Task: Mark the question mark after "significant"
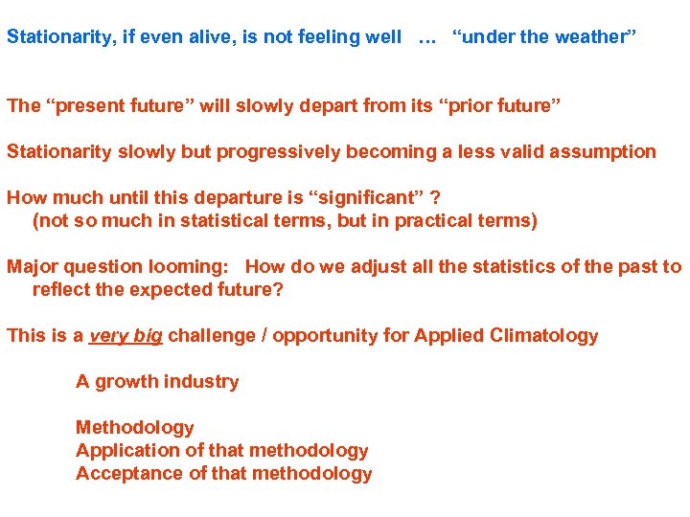pyautogui.click(x=435, y=197)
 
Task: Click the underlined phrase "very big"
pyautogui.click(x=126, y=336)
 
